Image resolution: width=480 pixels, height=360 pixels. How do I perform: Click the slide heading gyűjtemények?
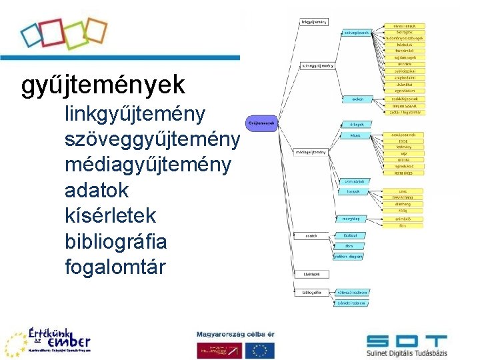point(103,86)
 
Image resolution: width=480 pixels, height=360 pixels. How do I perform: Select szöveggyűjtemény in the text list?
point(152,140)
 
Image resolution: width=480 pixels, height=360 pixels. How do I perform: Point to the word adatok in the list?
point(97,190)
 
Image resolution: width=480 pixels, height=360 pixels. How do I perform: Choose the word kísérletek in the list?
point(111,215)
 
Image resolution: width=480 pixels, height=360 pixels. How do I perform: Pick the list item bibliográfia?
point(116,241)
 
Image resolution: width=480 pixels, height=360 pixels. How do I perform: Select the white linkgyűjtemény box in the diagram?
point(313,22)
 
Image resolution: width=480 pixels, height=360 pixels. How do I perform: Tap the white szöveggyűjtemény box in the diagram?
point(317,66)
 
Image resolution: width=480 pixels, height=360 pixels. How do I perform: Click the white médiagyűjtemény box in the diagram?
point(311,152)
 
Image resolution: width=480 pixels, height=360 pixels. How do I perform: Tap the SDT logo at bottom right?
point(406,344)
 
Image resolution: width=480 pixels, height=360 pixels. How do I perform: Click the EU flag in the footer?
point(259,350)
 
